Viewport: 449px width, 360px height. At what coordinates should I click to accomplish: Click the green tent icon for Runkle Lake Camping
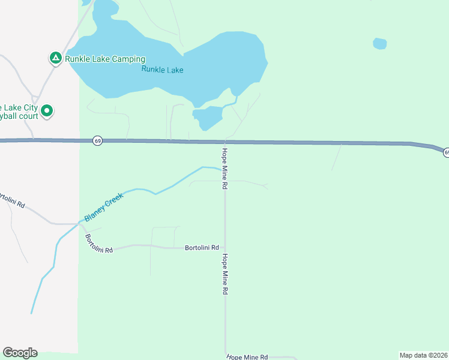[55, 58]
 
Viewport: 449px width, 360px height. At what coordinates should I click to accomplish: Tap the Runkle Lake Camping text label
[106, 59]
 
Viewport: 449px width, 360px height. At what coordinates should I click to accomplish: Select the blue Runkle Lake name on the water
[162, 70]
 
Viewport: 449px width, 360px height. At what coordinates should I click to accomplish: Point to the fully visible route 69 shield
[98, 140]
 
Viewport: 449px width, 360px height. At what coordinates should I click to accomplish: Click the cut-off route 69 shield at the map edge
[446, 153]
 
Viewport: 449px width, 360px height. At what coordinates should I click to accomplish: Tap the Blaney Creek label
[104, 206]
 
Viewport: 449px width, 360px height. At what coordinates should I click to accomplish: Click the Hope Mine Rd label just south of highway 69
[224, 169]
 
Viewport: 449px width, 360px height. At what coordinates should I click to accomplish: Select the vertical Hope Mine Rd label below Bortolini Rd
[224, 274]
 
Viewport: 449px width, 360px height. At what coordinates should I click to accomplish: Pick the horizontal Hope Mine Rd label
[247, 356]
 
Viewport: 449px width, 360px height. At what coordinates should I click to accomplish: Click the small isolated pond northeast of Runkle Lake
[379, 43]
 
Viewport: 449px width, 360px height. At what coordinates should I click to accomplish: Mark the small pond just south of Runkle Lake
[207, 117]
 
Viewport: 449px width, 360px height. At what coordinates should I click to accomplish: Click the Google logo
[20, 353]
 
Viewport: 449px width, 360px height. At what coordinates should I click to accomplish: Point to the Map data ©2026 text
[423, 355]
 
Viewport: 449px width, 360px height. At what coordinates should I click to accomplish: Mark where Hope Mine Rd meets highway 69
[224, 142]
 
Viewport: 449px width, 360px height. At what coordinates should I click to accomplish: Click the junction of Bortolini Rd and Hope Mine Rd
[225, 247]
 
